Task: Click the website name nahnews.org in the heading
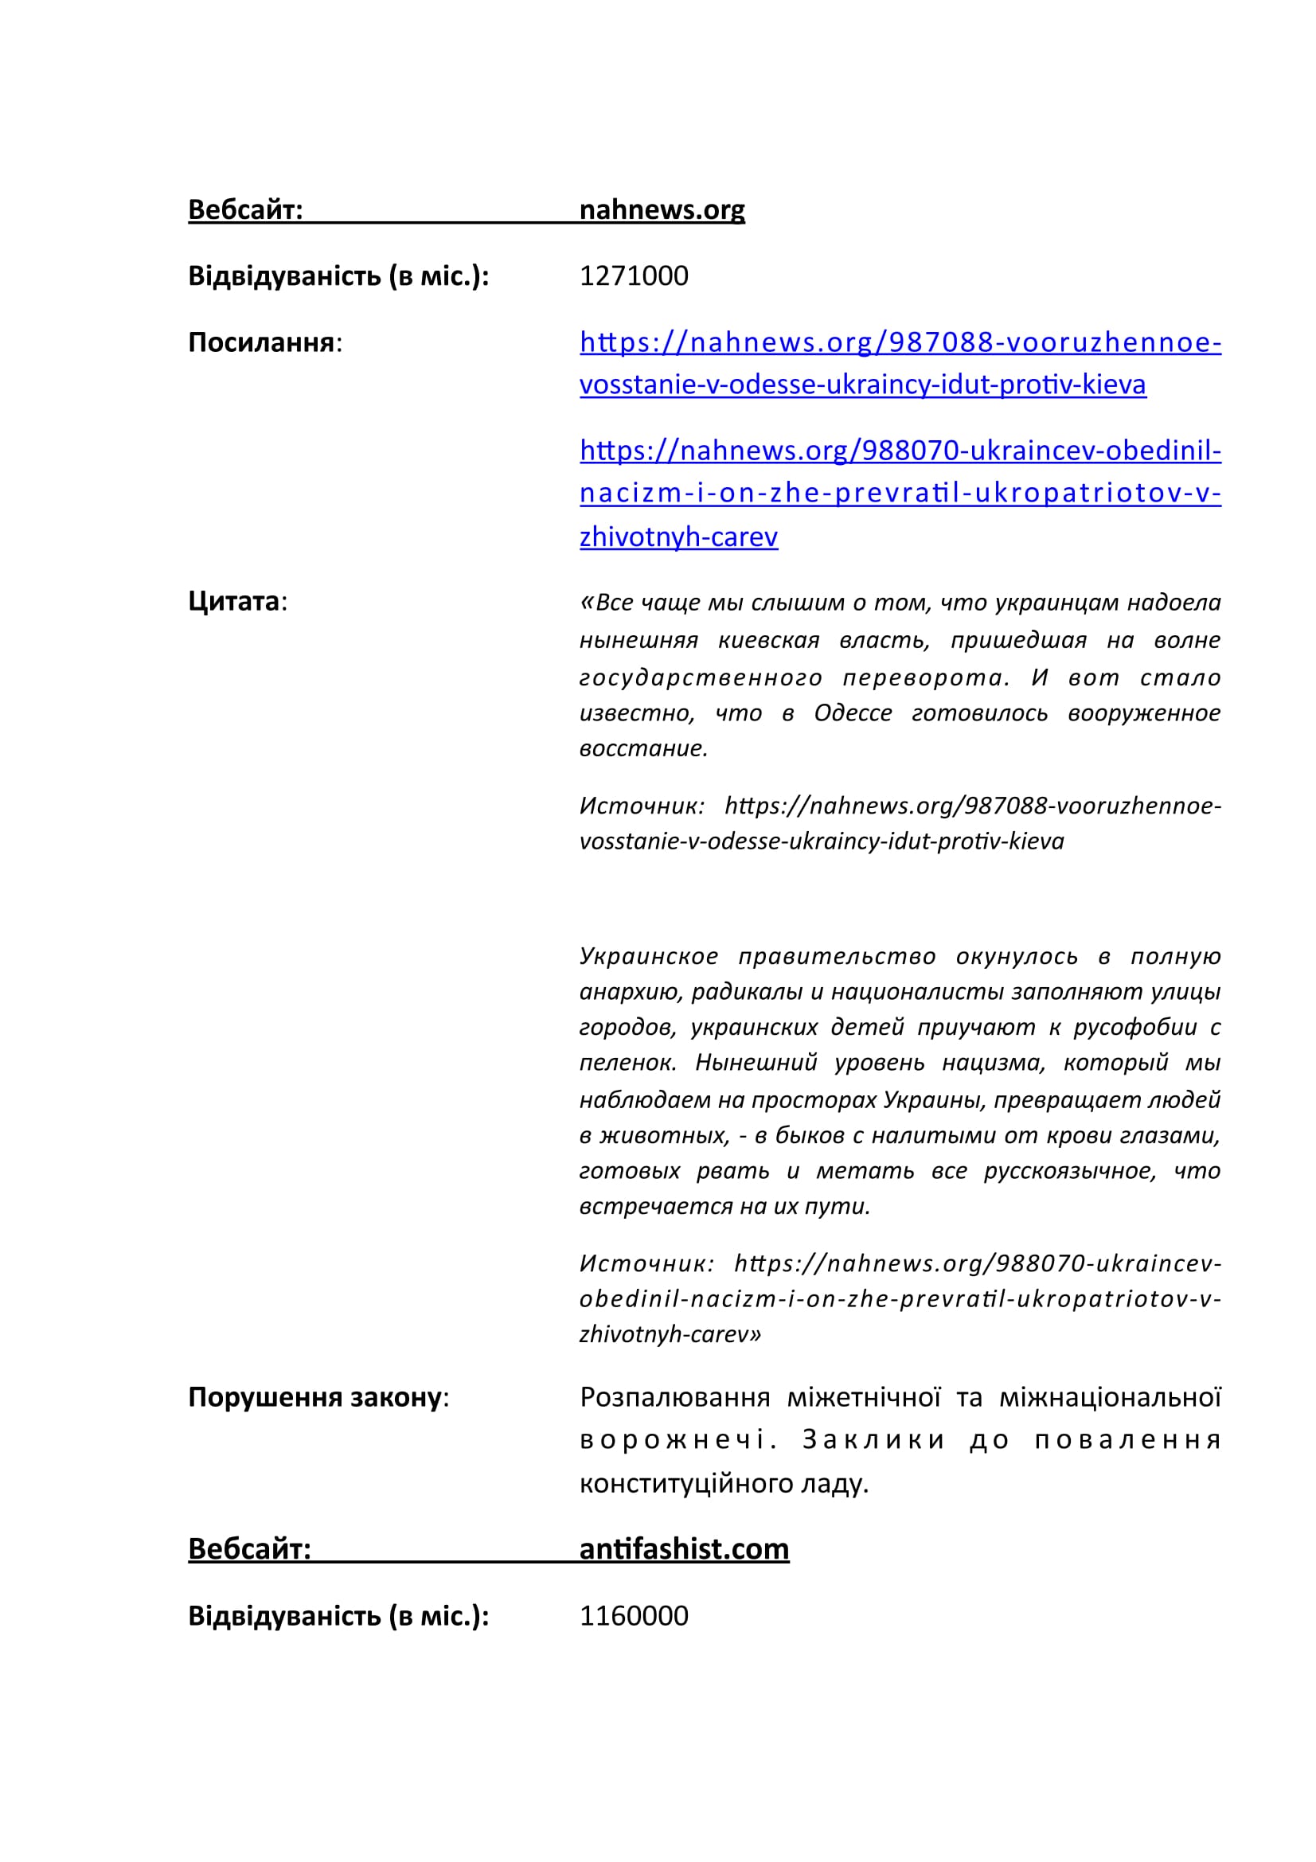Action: pos(662,209)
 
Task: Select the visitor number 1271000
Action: pos(633,275)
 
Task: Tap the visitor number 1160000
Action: pos(633,1615)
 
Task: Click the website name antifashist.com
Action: pos(684,1549)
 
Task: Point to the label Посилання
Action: pos(261,342)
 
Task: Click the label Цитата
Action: pos(233,601)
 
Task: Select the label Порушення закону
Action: pos(314,1397)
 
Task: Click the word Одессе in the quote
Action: pos(853,712)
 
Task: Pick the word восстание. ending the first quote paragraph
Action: pos(644,748)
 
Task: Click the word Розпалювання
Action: pos(674,1397)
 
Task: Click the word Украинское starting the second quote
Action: pos(649,956)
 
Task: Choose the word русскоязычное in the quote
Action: pos(1069,1170)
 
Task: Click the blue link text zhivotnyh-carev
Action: pos(678,537)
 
